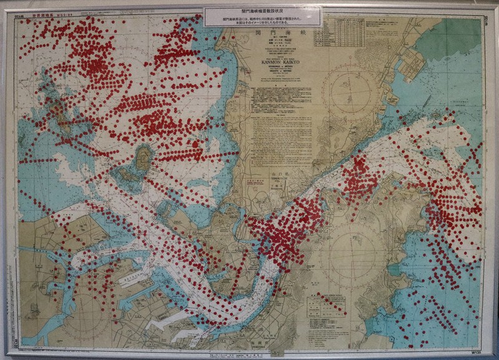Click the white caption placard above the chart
[263, 16]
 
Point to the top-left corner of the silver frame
[7, 7]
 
